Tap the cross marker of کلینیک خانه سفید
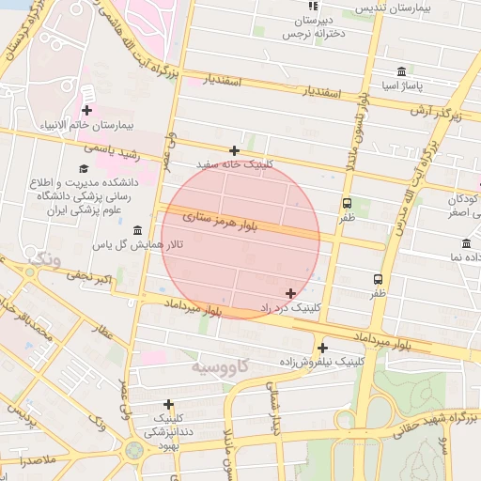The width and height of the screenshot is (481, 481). pos(234,150)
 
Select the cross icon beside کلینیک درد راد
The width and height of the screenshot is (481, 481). pos(290,293)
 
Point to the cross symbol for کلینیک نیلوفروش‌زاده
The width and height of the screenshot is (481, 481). pos(322,348)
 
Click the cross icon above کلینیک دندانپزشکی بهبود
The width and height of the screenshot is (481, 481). pos(168,404)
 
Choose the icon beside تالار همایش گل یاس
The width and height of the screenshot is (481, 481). pos(138,231)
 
